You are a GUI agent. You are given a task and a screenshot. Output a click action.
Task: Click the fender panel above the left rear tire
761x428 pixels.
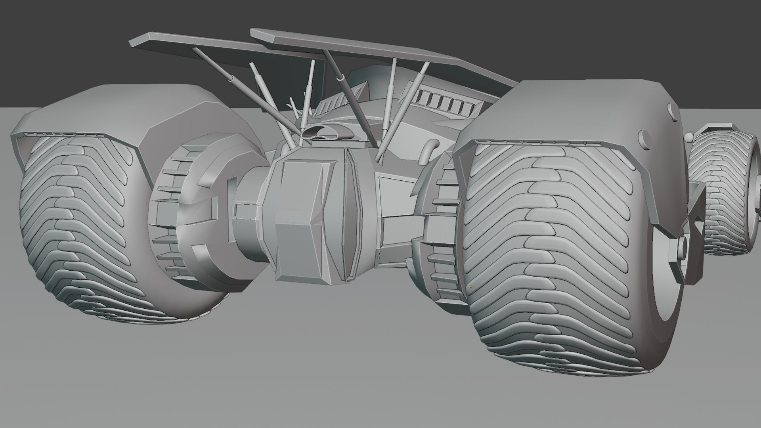131,111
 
